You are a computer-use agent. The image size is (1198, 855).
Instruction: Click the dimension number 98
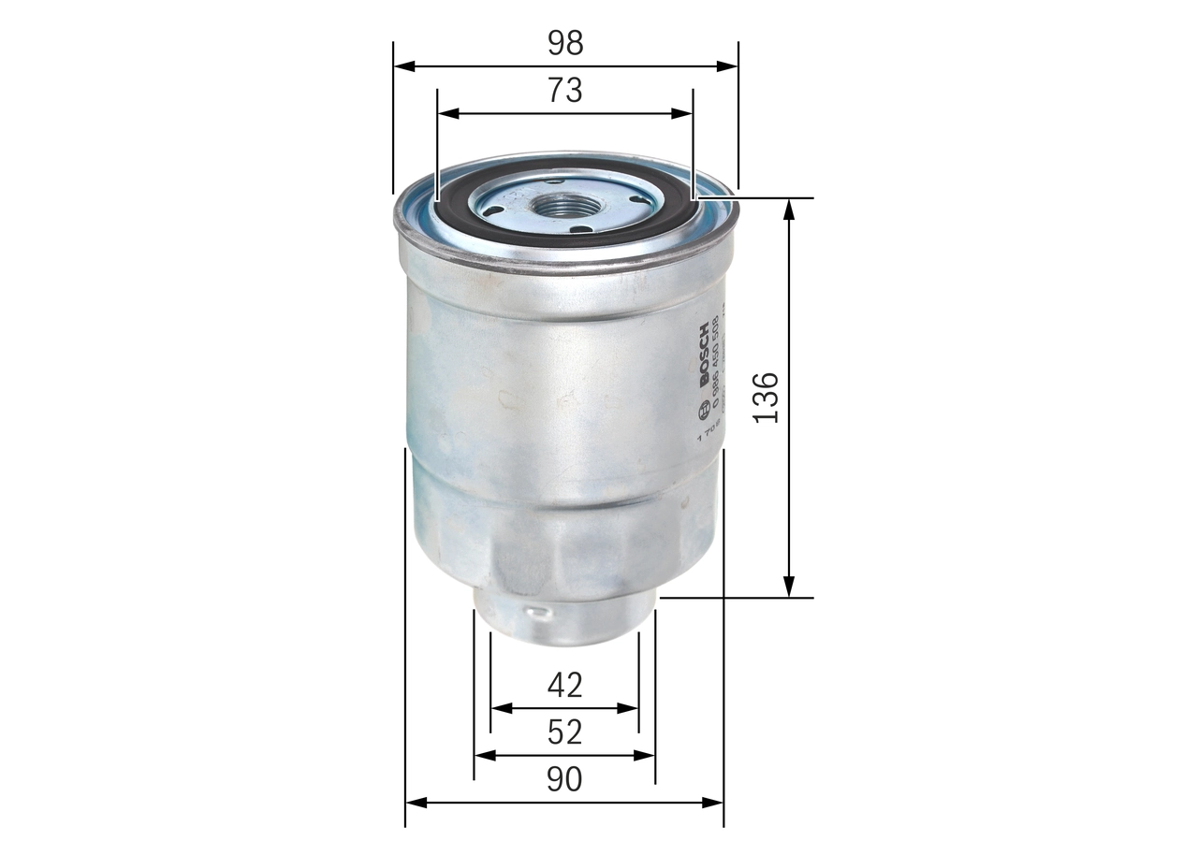pyautogui.click(x=565, y=43)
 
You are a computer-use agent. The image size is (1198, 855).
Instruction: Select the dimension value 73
pyautogui.click(x=565, y=91)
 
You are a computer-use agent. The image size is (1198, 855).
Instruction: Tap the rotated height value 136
pyautogui.click(x=766, y=398)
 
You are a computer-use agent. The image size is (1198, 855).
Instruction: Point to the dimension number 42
pyautogui.click(x=564, y=686)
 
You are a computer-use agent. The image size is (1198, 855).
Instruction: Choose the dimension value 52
pyautogui.click(x=564, y=732)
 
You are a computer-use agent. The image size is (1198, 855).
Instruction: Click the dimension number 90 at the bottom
pyautogui.click(x=564, y=779)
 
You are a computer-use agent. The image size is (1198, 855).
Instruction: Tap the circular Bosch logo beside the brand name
pyautogui.click(x=704, y=409)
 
